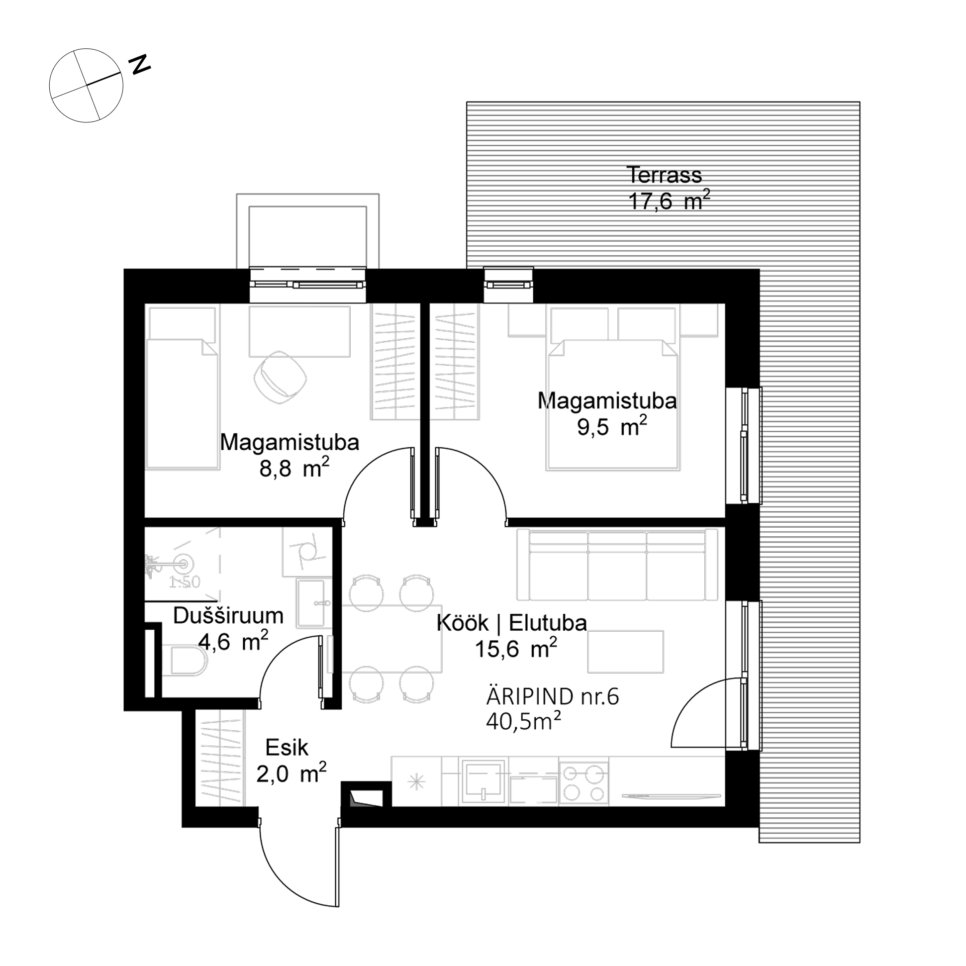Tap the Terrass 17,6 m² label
coord(668,189)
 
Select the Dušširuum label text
coord(228,616)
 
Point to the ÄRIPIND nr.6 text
coord(553,697)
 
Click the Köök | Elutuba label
coord(511,623)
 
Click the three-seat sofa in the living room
coord(617,565)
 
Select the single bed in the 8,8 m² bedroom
coord(182,388)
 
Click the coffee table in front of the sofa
coord(625,652)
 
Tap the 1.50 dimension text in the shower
coord(185,582)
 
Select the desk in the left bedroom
coord(299,331)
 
